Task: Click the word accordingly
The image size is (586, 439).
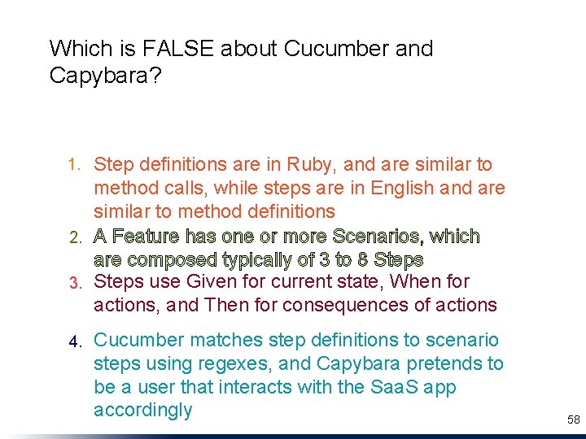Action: (x=142, y=410)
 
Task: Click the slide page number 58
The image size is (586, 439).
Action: (x=573, y=419)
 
